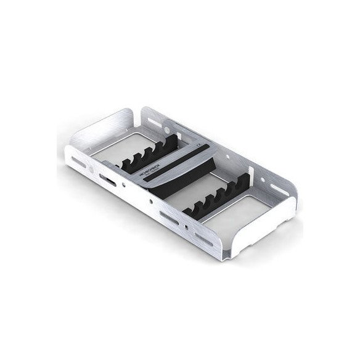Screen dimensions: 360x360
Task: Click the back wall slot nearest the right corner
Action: point(271,170)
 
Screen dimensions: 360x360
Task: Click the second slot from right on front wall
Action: point(168,216)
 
